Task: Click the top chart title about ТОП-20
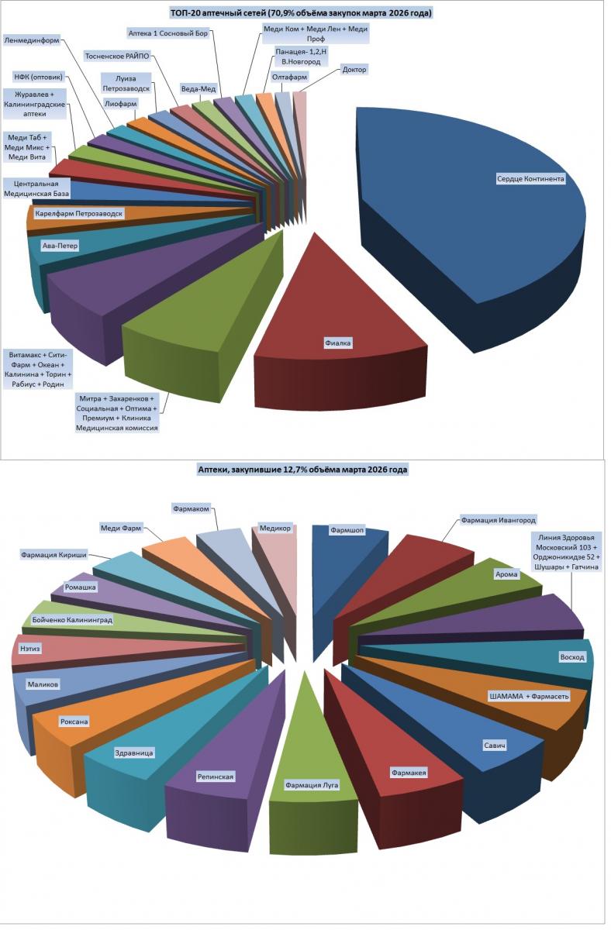(301, 13)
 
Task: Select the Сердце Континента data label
(530, 179)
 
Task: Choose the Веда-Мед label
(198, 88)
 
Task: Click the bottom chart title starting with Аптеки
(302, 470)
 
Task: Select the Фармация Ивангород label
(498, 520)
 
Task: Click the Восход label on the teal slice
(572, 657)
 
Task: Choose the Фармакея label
(409, 773)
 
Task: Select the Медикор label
(275, 529)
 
